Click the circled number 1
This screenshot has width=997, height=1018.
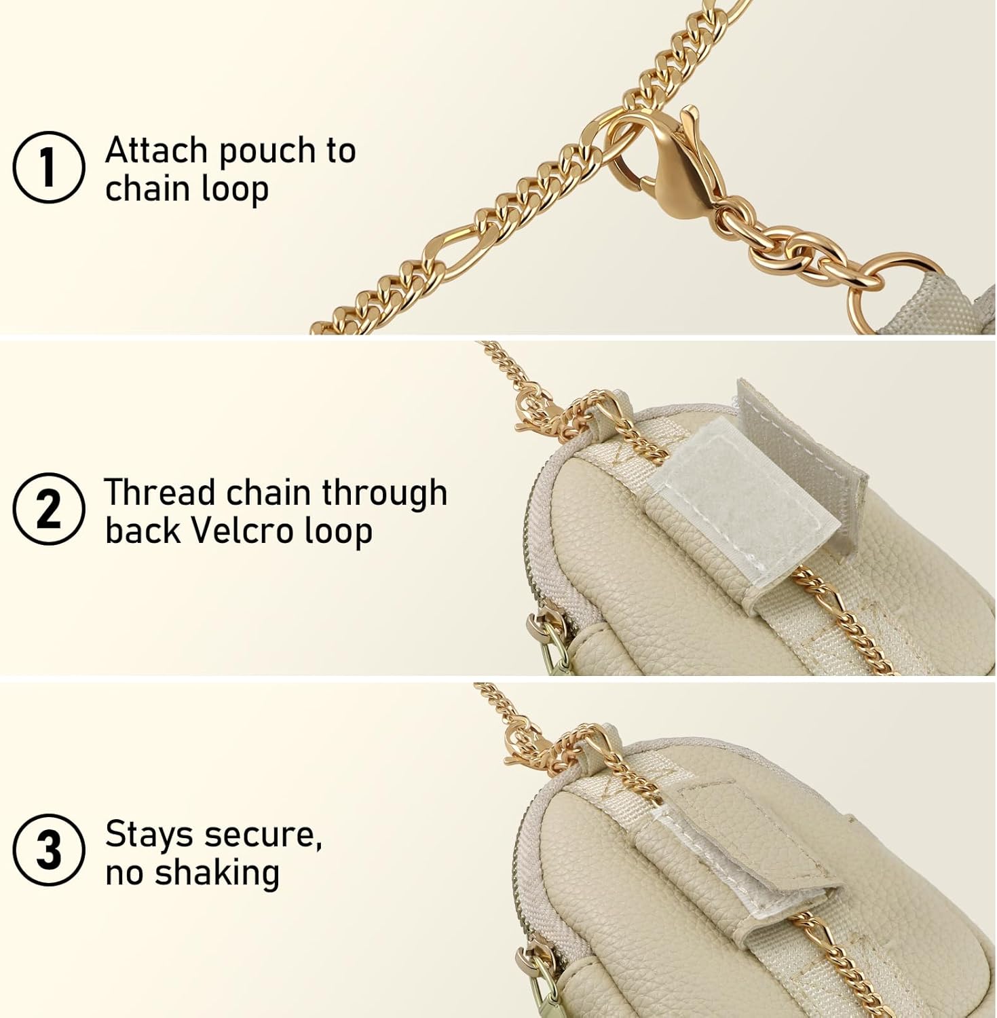click(x=49, y=168)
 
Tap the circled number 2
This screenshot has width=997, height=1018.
click(x=49, y=509)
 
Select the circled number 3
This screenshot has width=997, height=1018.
click(x=49, y=850)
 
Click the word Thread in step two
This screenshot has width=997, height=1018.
click(x=159, y=492)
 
